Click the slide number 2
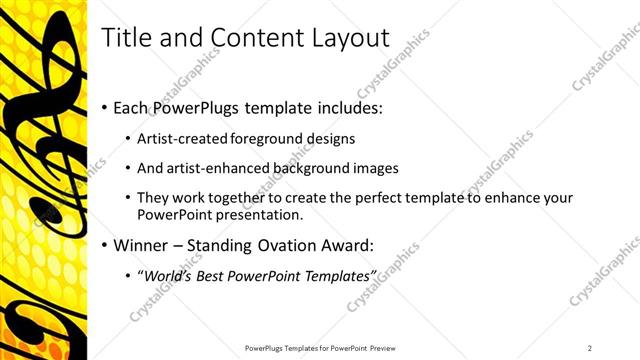tap(590, 347)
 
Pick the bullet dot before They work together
tap(128, 198)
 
